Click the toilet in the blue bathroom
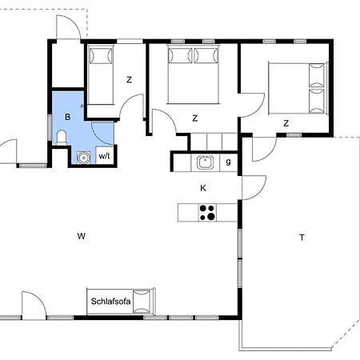pyautogui.click(x=62, y=138)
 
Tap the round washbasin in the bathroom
pyautogui.click(x=83, y=158)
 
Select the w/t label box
pyautogui.click(x=105, y=155)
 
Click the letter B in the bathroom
pyautogui.click(x=68, y=117)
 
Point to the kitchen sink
pyautogui.click(x=206, y=162)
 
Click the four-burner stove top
pyautogui.click(x=207, y=213)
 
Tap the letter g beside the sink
pyautogui.click(x=228, y=162)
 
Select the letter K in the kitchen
pyautogui.click(x=203, y=188)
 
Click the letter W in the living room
pyautogui.click(x=82, y=236)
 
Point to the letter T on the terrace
pyautogui.click(x=302, y=238)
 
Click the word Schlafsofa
pyautogui.click(x=110, y=302)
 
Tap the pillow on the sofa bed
pyautogui.click(x=142, y=302)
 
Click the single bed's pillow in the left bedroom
pyautogui.click(x=101, y=56)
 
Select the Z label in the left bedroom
pyautogui.click(x=129, y=80)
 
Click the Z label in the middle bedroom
pyautogui.click(x=195, y=118)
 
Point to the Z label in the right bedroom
pyautogui.click(x=286, y=123)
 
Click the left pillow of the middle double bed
pyautogui.click(x=180, y=55)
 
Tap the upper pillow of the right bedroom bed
pyautogui.click(x=317, y=75)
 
